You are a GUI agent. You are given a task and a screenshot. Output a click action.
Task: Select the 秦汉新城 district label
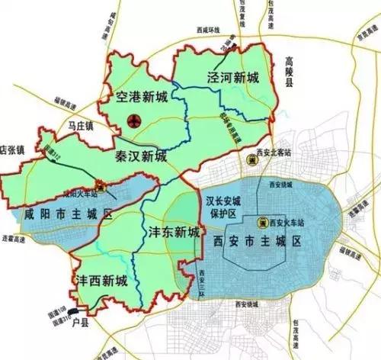click(140, 157)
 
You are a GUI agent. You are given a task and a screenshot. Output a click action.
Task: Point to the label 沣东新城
click(171, 230)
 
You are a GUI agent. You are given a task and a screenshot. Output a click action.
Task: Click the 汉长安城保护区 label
click(223, 207)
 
